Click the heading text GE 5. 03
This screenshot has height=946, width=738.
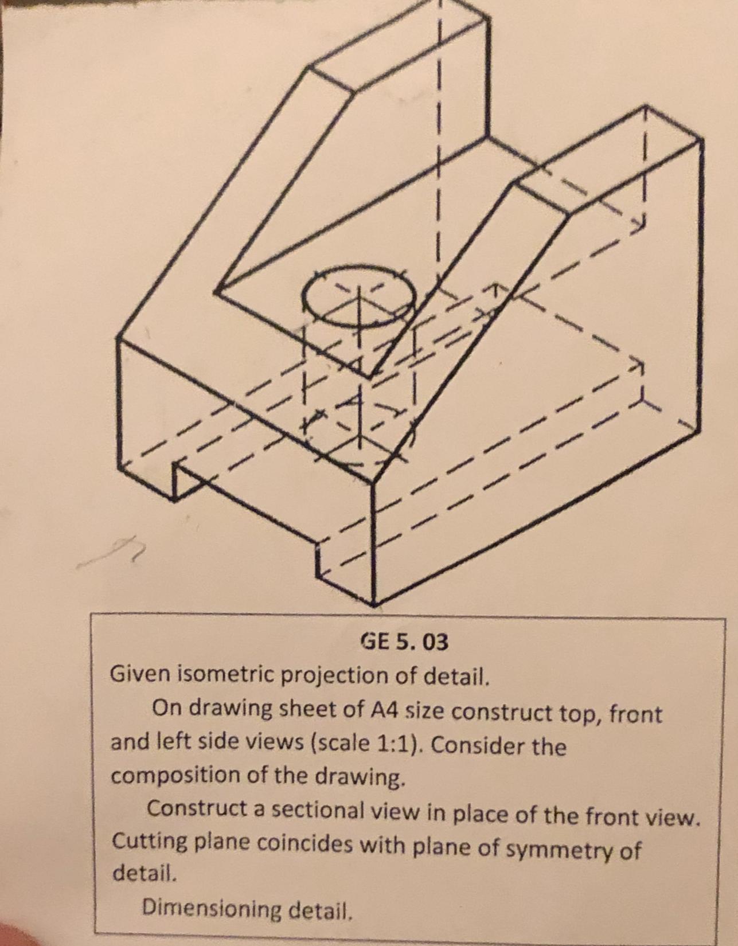click(x=405, y=642)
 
